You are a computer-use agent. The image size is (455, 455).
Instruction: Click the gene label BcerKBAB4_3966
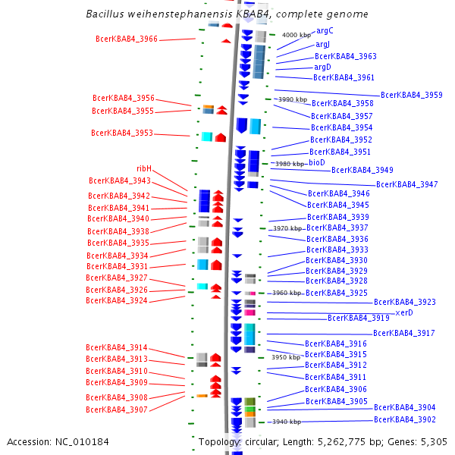tap(127, 39)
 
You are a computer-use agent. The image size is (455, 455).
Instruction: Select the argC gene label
tap(325, 31)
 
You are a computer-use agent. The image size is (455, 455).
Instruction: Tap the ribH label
tap(144, 168)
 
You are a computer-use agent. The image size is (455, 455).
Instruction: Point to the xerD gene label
tap(404, 312)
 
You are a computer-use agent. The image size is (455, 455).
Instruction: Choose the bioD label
tap(316, 162)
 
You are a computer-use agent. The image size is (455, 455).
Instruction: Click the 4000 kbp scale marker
tap(297, 35)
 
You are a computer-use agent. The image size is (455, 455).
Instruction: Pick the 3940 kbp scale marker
tap(286, 422)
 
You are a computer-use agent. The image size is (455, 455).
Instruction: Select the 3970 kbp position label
tap(287, 227)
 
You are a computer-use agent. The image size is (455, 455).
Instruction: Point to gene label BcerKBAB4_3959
tap(412, 95)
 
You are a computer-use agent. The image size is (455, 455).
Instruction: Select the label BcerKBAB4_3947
tap(407, 185)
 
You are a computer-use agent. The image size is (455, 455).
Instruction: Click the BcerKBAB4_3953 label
tap(122, 133)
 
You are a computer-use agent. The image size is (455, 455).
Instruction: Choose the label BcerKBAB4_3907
tap(117, 409)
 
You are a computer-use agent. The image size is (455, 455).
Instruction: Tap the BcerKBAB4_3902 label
tap(405, 419)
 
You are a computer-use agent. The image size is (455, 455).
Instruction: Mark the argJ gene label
tap(322, 45)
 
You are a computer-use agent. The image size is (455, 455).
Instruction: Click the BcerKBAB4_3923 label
tap(405, 302)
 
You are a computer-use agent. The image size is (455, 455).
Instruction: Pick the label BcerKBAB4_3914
tap(117, 348)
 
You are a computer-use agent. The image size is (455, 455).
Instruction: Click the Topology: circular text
tap(233, 441)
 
